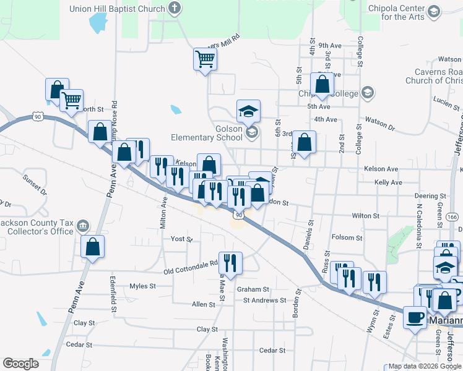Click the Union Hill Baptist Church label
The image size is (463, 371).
[117, 9]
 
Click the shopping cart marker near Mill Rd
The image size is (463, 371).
[205, 60]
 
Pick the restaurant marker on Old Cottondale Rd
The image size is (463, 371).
[230, 262]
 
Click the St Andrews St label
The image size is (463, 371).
[264, 301]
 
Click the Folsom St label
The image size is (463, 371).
[347, 237]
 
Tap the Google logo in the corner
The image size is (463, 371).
[21, 363]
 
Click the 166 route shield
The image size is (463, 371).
[452, 217]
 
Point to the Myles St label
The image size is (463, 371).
[142, 286]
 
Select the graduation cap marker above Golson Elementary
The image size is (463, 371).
[248, 111]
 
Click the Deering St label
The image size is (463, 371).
[430, 195]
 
